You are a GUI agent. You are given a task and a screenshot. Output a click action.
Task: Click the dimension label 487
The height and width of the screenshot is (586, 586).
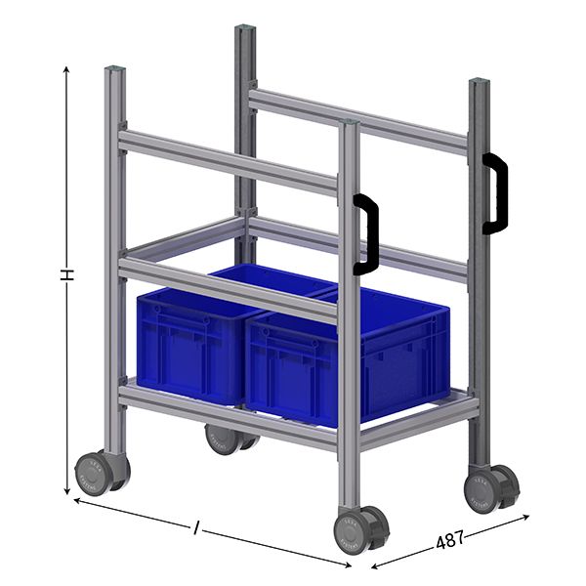(450, 538)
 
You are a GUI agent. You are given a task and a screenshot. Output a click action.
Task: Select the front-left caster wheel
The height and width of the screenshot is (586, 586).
(102, 473)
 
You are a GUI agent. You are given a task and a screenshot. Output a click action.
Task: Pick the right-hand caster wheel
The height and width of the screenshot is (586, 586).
(490, 486)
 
